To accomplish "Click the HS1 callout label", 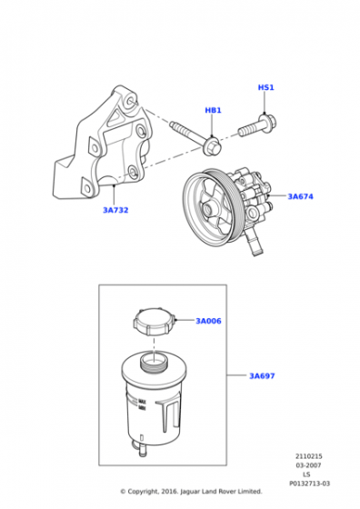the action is (265, 87).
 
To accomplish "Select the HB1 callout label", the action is (213, 110).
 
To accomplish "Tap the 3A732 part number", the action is (115, 210).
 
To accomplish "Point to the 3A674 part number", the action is (301, 196).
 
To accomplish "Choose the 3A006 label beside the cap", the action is (208, 321).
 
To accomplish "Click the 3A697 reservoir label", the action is (262, 376).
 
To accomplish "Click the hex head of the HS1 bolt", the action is (268, 123).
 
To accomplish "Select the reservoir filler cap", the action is (154, 322).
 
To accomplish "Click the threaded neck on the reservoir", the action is (155, 361).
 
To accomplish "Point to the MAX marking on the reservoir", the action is (142, 402).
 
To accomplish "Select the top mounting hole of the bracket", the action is (132, 100).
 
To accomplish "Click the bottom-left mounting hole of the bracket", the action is (86, 187).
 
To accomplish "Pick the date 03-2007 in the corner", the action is (308, 465).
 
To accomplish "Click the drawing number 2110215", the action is (309, 456).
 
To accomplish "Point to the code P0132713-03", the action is (309, 484).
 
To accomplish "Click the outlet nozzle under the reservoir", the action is (143, 450).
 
